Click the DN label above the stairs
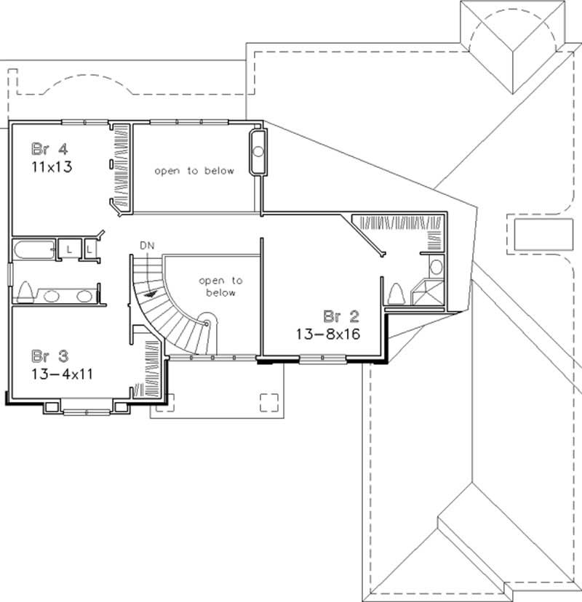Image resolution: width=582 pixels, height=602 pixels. (x=148, y=246)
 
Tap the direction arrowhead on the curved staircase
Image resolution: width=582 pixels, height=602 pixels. (x=150, y=294)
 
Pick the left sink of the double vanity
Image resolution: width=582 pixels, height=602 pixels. (x=52, y=296)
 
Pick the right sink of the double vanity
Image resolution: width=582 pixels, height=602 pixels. (x=84, y=296)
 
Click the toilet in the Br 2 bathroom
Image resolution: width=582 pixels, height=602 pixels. (x=397, y=294)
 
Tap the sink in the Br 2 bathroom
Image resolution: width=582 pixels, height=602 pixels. (x=435, y=265)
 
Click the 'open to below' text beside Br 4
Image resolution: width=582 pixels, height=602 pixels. (x=194, y=172)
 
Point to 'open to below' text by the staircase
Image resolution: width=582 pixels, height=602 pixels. (x=220, y=286)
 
